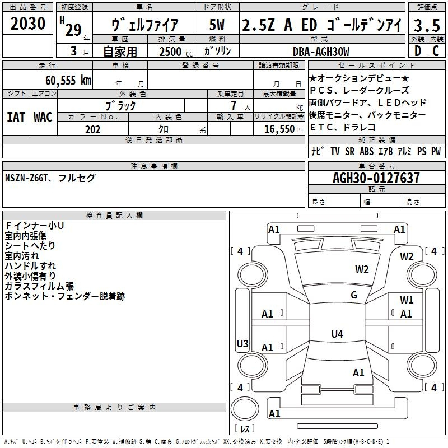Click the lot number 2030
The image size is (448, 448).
(x=28, y=25)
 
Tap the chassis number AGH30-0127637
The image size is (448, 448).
(x=376, y=178)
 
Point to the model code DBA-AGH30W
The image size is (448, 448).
(x=321, y=52)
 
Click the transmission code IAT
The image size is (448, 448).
(x=16, y=116)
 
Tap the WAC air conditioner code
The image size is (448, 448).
(x=43, y=116)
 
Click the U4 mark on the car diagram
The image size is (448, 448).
(x=337, y=334)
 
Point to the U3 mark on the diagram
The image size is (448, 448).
(x=242, y=343)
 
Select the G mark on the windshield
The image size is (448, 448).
(x=354, y=295)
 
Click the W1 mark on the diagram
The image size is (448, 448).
(x=407, y=300)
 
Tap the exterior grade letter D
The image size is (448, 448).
(x=417, y=52)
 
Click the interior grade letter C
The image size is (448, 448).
(x=436, y=52)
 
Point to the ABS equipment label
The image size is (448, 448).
(x=366, y=151)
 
